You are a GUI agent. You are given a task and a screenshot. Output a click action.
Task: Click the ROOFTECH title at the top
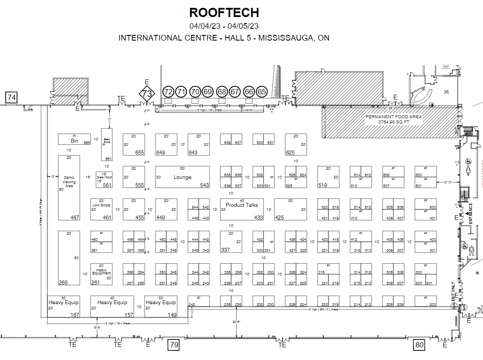[x=224, y=12]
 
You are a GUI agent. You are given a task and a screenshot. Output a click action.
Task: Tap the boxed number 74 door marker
[x=11, y=98]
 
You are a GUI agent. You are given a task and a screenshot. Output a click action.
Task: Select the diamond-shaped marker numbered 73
[x=148, y=93]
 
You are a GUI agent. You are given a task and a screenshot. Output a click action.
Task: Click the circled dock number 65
[x=262, y=92]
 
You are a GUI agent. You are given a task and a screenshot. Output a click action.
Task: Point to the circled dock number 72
[x=168, y=92]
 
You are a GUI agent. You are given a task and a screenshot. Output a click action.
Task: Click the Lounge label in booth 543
[x=183, y=177]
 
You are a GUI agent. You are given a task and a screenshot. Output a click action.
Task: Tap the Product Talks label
[x=242, y=205]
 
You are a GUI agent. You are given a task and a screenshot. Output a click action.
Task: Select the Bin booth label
[x=74, y=141]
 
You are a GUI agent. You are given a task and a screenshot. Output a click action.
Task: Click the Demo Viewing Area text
[x=69, y=182]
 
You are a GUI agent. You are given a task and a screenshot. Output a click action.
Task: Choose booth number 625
[x=290, y=153]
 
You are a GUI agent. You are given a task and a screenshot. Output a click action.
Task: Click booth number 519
[x=322, y=185]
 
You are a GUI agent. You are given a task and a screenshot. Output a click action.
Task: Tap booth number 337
[x=225, y=250]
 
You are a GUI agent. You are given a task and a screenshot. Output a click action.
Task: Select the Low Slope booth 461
[x=101, y=205]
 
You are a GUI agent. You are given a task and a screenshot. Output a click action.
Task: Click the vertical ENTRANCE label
[x=471, y=214]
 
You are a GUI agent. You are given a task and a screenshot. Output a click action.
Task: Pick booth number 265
[x=63, y=283]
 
